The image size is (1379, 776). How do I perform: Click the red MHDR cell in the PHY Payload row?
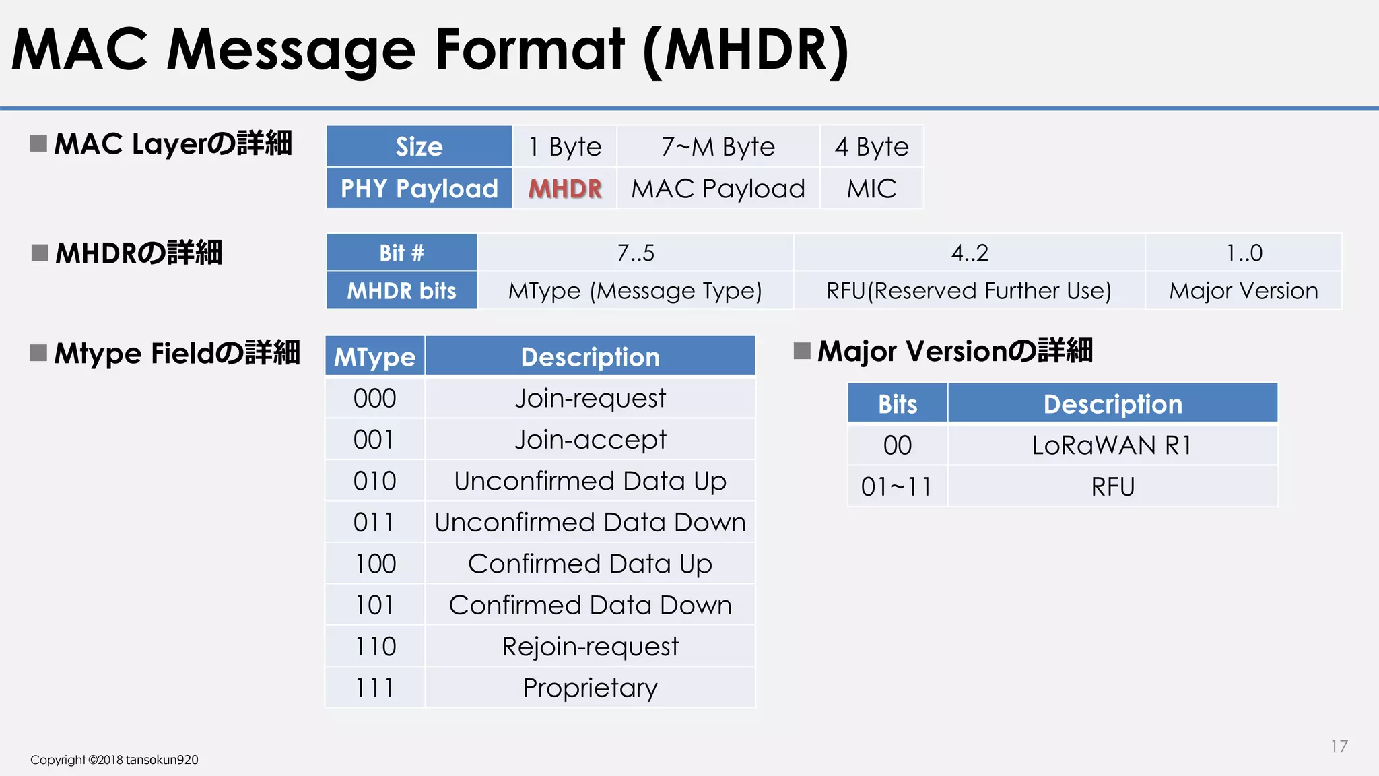pos(564,189)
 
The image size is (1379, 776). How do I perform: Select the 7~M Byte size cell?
pos(718,147)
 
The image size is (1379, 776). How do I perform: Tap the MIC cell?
pos(871,189)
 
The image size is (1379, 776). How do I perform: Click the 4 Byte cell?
pos(871,147)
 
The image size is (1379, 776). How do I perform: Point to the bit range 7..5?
pos(635,253)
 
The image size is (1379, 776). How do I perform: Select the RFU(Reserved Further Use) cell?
pos(968,291)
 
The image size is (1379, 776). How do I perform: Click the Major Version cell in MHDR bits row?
pos(1243,291)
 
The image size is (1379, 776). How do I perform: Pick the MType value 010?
pos(374,481)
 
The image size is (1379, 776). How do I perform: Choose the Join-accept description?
pos(590,440)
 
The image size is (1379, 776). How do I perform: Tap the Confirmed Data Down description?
pos(590,605)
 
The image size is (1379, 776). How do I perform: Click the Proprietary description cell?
pos(590,688)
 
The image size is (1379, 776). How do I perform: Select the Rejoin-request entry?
pos(590,647)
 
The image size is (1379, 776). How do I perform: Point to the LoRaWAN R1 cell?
pos(1112,445)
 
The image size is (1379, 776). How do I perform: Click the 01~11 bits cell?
pos(897,486)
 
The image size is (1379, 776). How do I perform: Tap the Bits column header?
pos(897,404)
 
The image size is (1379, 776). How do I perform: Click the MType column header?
pos(374,357)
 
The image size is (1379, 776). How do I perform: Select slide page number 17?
pos(1339,746)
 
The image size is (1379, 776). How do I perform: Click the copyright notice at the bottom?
pos(114,760)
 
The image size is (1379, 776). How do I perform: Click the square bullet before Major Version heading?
pos(801,351)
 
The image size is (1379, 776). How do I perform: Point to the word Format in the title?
pos(530,50)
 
